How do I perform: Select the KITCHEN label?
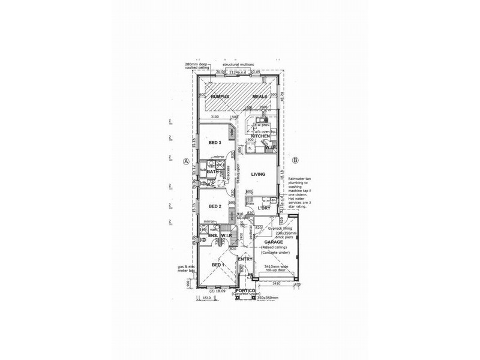(x=259, y=136)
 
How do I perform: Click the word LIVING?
(x=259, y=174)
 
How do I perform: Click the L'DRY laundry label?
(x=265, y=208)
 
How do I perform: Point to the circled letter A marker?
(x=186, y=161)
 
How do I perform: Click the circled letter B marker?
(x=295, y=160)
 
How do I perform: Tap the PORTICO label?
(x=246, y=290)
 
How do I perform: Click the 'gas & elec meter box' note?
(x=182, y=268)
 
